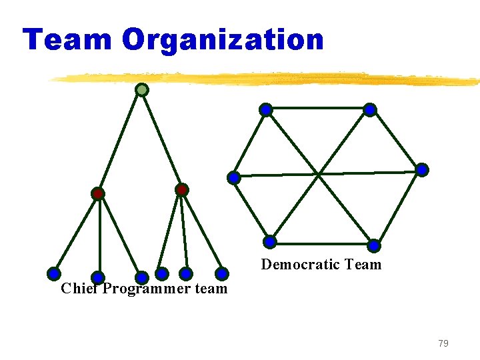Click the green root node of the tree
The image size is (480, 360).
click(141, 89)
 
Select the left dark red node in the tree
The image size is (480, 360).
click(98, 194)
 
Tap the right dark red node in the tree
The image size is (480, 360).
click(181, 190)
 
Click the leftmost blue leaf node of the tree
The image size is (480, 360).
click(54, 273)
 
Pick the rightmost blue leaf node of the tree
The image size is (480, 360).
click(222, 273)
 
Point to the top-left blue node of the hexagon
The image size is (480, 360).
click(265, 109)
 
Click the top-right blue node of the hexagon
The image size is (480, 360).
click(370, 109)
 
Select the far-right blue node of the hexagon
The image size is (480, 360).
click(422, 170)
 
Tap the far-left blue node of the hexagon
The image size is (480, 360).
click(234, 177)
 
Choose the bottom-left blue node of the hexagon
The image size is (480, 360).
click(269, 241)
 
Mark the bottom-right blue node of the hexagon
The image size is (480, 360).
click(374, 245)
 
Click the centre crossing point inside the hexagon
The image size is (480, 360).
click(319, 174)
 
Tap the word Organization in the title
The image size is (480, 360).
click(223, 40)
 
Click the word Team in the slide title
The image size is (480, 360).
click(67, 40)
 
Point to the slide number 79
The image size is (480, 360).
click(443, 343)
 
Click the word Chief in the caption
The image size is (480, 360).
click(79, 289)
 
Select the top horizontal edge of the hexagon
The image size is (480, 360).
click(317, 107)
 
